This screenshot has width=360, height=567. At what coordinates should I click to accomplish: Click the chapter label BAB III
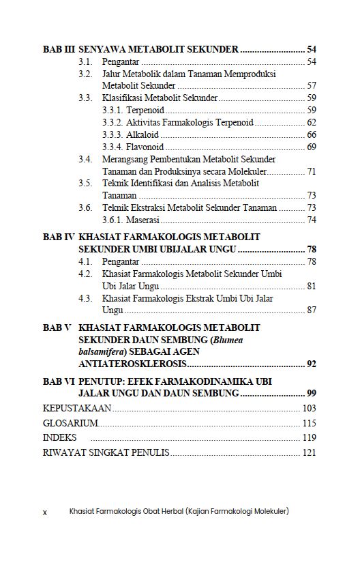(x=59, y=50)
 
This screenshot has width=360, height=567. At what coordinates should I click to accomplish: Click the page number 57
(x=311, y=86)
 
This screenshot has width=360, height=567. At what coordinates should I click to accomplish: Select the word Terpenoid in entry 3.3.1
(x=145, y=110)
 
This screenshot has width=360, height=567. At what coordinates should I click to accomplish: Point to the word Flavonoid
(x=145, y=147)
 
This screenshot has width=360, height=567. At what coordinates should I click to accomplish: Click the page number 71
(x=311, y=171)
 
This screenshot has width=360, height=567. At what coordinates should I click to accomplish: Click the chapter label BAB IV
(x=59, y=237)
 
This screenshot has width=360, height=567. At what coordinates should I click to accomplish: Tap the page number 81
(x=311, y=286)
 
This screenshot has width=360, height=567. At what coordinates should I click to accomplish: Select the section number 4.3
(x=85, y=298)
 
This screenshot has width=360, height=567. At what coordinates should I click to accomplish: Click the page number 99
(x=311, y=394)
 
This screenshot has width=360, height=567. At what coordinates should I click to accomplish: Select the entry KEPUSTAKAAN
(x=77, y=408)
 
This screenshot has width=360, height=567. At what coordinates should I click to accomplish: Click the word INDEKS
(x=60, y=437)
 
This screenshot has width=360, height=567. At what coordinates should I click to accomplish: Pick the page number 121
(x=309, y=452)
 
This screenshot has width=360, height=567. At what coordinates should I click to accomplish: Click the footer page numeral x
(x=45, y=512)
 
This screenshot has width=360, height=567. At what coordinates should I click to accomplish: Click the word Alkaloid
(x=142, y=134)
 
